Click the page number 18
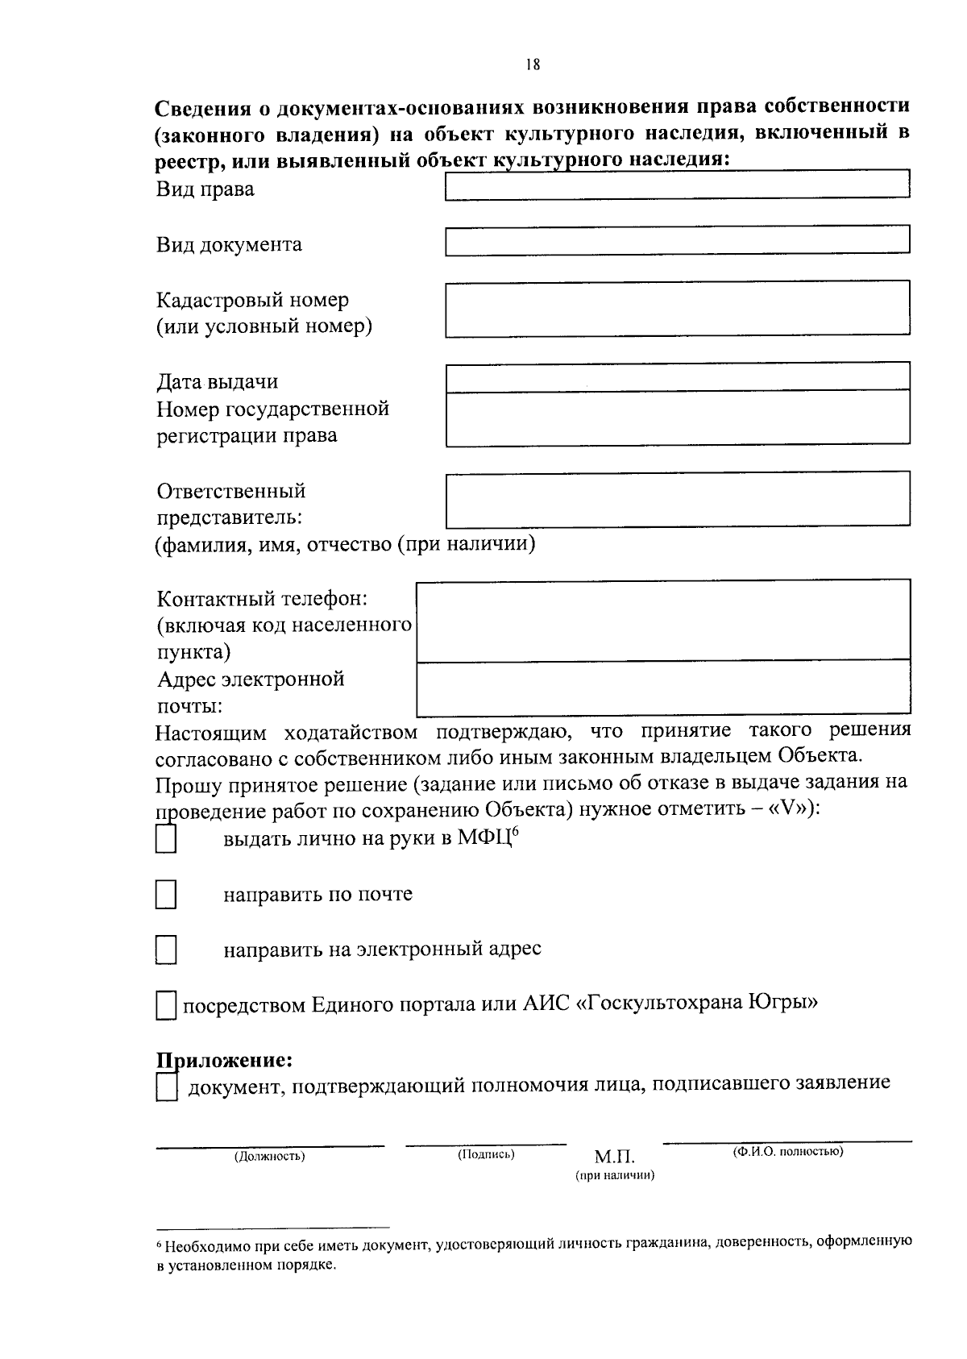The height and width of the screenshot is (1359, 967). (x=532, y=65)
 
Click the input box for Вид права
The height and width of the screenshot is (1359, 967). (x=677, y=184)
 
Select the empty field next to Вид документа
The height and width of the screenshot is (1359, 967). (x=677, y=240)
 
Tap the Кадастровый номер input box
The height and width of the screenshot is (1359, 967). (x=677, y=308)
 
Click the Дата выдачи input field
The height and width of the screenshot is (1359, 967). (x=677, y=377)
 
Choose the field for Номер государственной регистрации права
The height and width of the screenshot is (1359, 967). (x=677, y=418)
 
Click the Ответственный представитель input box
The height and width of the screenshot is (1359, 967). (x=677, y=500)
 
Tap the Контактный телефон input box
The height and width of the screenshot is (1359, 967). (x=662, y=620)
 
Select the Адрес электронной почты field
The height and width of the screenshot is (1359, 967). (x=662, y=688)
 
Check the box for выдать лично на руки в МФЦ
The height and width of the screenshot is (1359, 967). (x=166, y=840)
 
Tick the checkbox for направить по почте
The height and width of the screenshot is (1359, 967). (x=166, y=895)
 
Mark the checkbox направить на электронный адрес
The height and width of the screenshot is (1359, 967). (x=166, y=950)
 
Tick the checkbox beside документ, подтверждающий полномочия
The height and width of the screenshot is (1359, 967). (x=166, y=1088)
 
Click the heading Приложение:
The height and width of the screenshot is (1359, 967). (x=223, y=1058)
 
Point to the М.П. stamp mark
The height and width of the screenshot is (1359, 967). (x=614, y=1158)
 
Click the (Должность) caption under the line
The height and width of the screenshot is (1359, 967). (x=269, y=1156)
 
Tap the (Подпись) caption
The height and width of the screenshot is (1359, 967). (x=486, y=1154)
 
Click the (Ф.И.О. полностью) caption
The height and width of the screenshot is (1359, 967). (x=787, y=1151)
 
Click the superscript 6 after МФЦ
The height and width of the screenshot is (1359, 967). (x=513, y=833)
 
